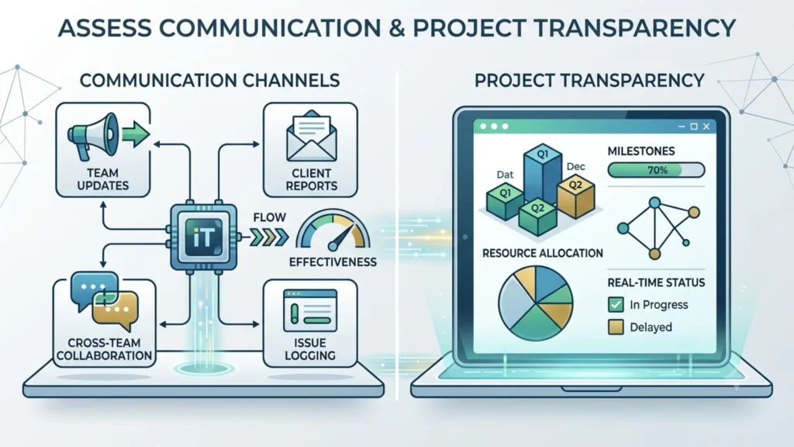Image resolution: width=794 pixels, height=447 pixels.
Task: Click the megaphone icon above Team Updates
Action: coord(93,136)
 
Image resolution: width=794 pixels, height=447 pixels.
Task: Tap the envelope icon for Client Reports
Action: coord(311,136)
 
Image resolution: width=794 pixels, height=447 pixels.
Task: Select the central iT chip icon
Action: coord(203,237)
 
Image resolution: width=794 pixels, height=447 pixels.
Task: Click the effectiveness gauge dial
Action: coord(333,231)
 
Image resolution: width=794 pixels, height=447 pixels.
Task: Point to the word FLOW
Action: coord(269,217)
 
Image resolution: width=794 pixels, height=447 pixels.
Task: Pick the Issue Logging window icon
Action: coord(310,310)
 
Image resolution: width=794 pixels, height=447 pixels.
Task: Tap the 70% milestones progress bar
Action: coord(656,170)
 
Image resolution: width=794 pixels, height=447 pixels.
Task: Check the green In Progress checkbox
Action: coord(616,304)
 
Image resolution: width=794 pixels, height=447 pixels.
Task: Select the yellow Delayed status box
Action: coord(616,327)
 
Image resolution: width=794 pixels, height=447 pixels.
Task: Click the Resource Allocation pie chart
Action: coord(535,303)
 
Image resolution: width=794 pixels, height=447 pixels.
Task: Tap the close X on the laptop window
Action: coord(706,126)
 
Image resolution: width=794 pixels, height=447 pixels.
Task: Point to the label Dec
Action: coord(576,166)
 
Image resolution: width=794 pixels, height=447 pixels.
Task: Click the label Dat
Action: coord(505,175)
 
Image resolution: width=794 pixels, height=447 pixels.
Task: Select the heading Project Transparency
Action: coord(589,81)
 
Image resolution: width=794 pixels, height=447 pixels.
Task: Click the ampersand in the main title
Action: coord(397,28)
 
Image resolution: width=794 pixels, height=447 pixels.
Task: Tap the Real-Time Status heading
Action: coord(656,282)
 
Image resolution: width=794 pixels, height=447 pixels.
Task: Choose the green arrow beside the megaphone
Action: coord(136,134)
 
